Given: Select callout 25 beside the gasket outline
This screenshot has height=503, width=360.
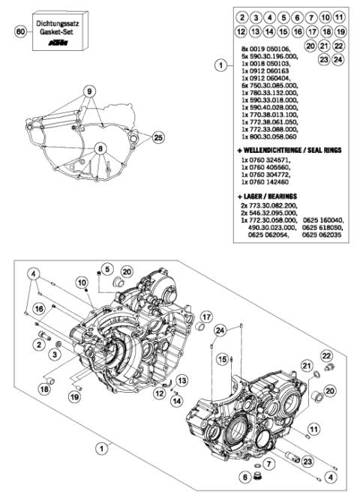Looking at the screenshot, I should pyautogui.click(x=157, y=138).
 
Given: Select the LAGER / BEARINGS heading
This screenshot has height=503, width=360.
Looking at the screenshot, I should pyautogui.click(x=274, y=195).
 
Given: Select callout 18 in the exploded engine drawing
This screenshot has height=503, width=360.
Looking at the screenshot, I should pyautogui.click(x=44, y=388).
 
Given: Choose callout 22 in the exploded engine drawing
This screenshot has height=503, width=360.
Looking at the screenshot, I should pyautogui.click(x=326, y=355).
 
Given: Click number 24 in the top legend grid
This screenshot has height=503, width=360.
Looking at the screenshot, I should pyautogui.click(x=339, y=58).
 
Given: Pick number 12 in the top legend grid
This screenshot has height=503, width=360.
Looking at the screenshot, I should pyautogui.click(x=241, y=31).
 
